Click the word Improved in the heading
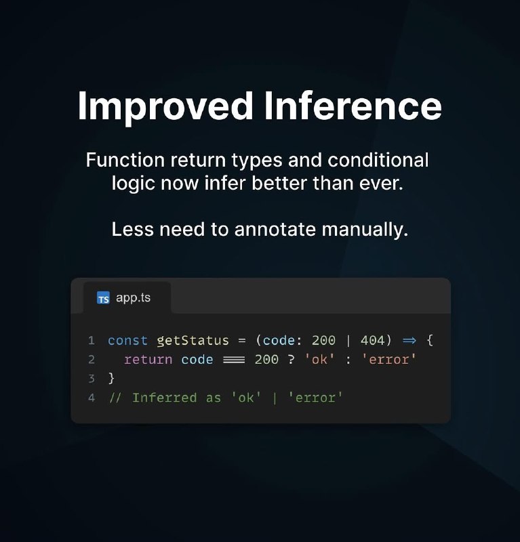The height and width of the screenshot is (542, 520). (165, 107)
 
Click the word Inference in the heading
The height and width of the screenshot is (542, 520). (353, 106)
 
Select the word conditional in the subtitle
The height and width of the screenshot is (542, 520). (378, 160)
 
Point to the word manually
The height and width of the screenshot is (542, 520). (365, 230)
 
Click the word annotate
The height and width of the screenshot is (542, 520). (275, 230)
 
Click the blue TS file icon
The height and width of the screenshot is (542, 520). (103, 298)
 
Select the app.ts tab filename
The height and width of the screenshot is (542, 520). (133, 298)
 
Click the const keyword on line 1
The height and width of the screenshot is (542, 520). (127, 341)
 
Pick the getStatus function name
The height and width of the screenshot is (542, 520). (193, 341)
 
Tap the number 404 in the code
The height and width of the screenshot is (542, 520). (372, 341)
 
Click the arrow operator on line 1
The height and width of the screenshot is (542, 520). (409, 341)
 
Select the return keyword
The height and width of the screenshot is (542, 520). (148, 360)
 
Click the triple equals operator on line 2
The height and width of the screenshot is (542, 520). (234, 360)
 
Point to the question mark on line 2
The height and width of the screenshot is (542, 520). (291, 360)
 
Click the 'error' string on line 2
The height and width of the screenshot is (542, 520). (389, 360)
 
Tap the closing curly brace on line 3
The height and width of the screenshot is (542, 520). (111, 379)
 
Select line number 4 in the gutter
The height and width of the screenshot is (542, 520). (92, 398)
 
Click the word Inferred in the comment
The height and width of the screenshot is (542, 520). (164, 398)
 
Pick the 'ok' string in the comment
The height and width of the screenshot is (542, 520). (246, 398)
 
